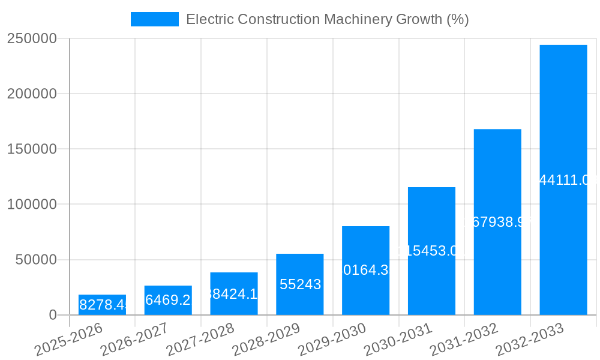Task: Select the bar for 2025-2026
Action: [x=102, y=305]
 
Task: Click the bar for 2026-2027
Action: [x=168, y=300]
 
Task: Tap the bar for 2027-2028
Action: [x=234, y=293]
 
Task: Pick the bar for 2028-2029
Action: [x=300, y=284]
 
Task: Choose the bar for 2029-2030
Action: [x=365, y=271]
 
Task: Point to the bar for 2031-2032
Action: [x=497, y=222]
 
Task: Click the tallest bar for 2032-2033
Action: [x=563, y=180]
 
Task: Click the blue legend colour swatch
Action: [x=155, y=19]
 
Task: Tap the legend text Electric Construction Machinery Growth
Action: [x=327, y=19]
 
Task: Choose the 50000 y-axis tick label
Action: [x=36, y=260]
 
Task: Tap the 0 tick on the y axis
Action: [x=53, y=315]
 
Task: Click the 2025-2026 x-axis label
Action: [x=68, y=340]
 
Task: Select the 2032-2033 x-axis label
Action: [x=529, y=340]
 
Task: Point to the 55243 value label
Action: [x=300, y=284]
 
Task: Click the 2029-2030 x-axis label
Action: [x=332, y=340]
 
